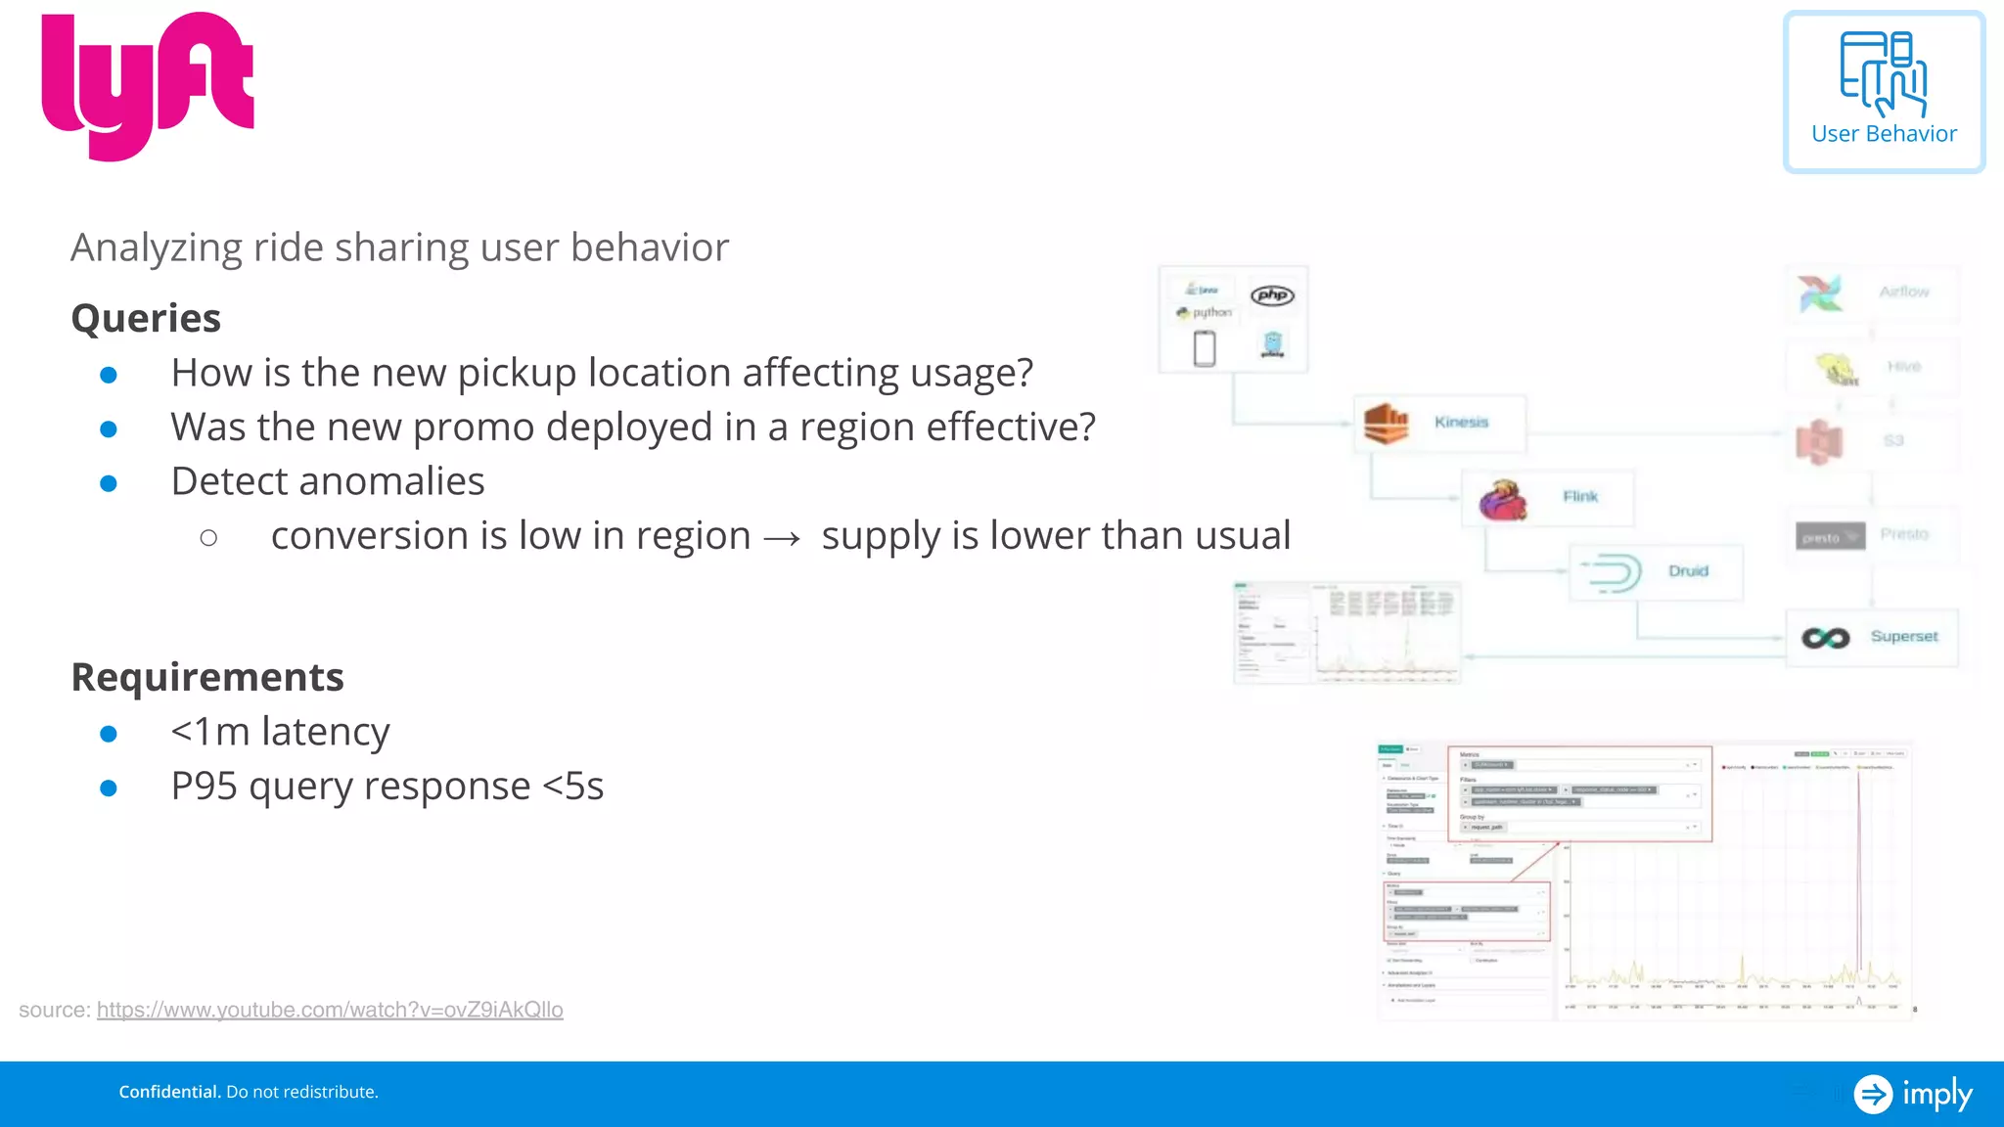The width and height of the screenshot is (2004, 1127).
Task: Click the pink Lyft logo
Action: pyautogui.click(x=147, y=86)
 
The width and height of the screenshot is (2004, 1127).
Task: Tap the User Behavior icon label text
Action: pyautogui.click(x=1884, y=134)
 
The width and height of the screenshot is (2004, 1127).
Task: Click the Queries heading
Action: pyautogui.click(x=146, y=318)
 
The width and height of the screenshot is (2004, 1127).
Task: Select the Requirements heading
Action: pyautogui.click(x=207, y=677)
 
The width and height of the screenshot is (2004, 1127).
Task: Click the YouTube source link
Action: pyautogui.click(x=330, y=1010)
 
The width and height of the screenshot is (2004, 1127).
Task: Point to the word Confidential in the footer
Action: pyautogui.click(x=169, y=1092)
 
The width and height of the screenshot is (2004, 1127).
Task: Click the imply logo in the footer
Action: pyautogui.click(x=1913, y=1094)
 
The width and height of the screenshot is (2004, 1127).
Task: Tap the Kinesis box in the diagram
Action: pyautogui.click(x=1439, y=423)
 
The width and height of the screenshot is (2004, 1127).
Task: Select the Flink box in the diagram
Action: pyautogui.click(x=1547, y=498)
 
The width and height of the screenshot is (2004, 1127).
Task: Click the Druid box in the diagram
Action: pyautogui.click(x=1656, y=572)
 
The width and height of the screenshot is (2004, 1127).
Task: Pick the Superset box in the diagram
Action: pyautogui.click(x=1871, y=638)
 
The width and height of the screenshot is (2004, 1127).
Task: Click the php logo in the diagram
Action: pyautogui.click(x=1272, y=295)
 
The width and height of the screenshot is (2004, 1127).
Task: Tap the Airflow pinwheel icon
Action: pyautogui.click(x=1819, y=293)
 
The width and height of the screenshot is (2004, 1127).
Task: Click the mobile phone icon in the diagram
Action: pyautogui.click(x=1205, y=348)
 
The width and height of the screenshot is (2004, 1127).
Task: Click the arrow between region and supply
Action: pyautogui.click(x=782, y=538)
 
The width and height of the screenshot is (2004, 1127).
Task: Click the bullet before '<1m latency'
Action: pyautogui.click(x=109, y=734)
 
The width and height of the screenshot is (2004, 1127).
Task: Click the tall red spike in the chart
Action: pyautogui.click(x=1858, y=861)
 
